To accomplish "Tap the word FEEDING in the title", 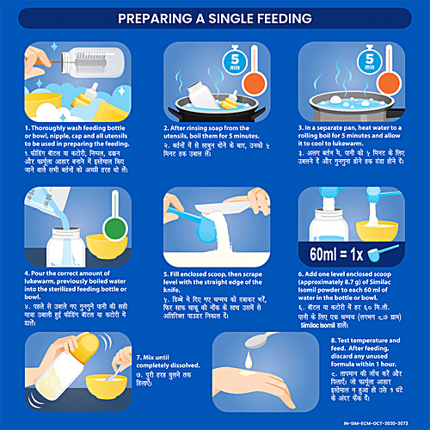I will click(x=279, y=17).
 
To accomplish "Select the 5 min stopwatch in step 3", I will click(x=369, y=59).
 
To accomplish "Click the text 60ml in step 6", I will click(x=334, y=254).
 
